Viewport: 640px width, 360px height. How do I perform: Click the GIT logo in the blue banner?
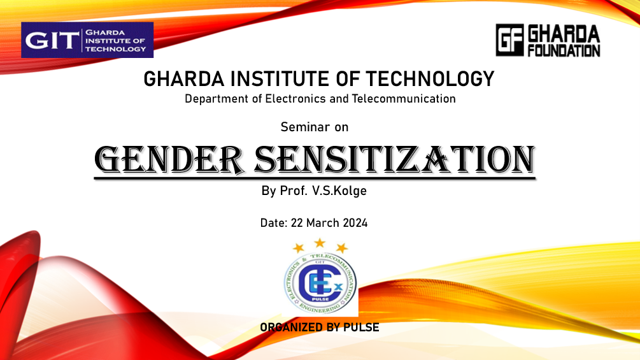[87, 40]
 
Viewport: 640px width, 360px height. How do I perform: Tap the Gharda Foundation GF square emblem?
[510, 40]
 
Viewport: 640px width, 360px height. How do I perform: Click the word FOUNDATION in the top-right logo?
[564, 50]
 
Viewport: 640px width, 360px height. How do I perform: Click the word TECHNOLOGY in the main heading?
[430, 79]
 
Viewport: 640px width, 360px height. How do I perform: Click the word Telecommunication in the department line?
[404, 99]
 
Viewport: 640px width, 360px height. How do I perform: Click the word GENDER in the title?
[169, 159]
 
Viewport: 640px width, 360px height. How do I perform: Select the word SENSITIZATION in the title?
[395, 159]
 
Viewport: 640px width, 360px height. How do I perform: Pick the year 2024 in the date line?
[355, 223]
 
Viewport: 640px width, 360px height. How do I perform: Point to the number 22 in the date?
[297, 223]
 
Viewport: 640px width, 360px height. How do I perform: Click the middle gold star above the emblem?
[320, 243]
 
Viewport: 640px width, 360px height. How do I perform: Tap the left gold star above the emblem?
[299, 247]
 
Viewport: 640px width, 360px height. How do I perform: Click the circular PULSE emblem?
[320, 283]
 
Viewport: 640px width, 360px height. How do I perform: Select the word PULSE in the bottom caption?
[361, 328]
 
